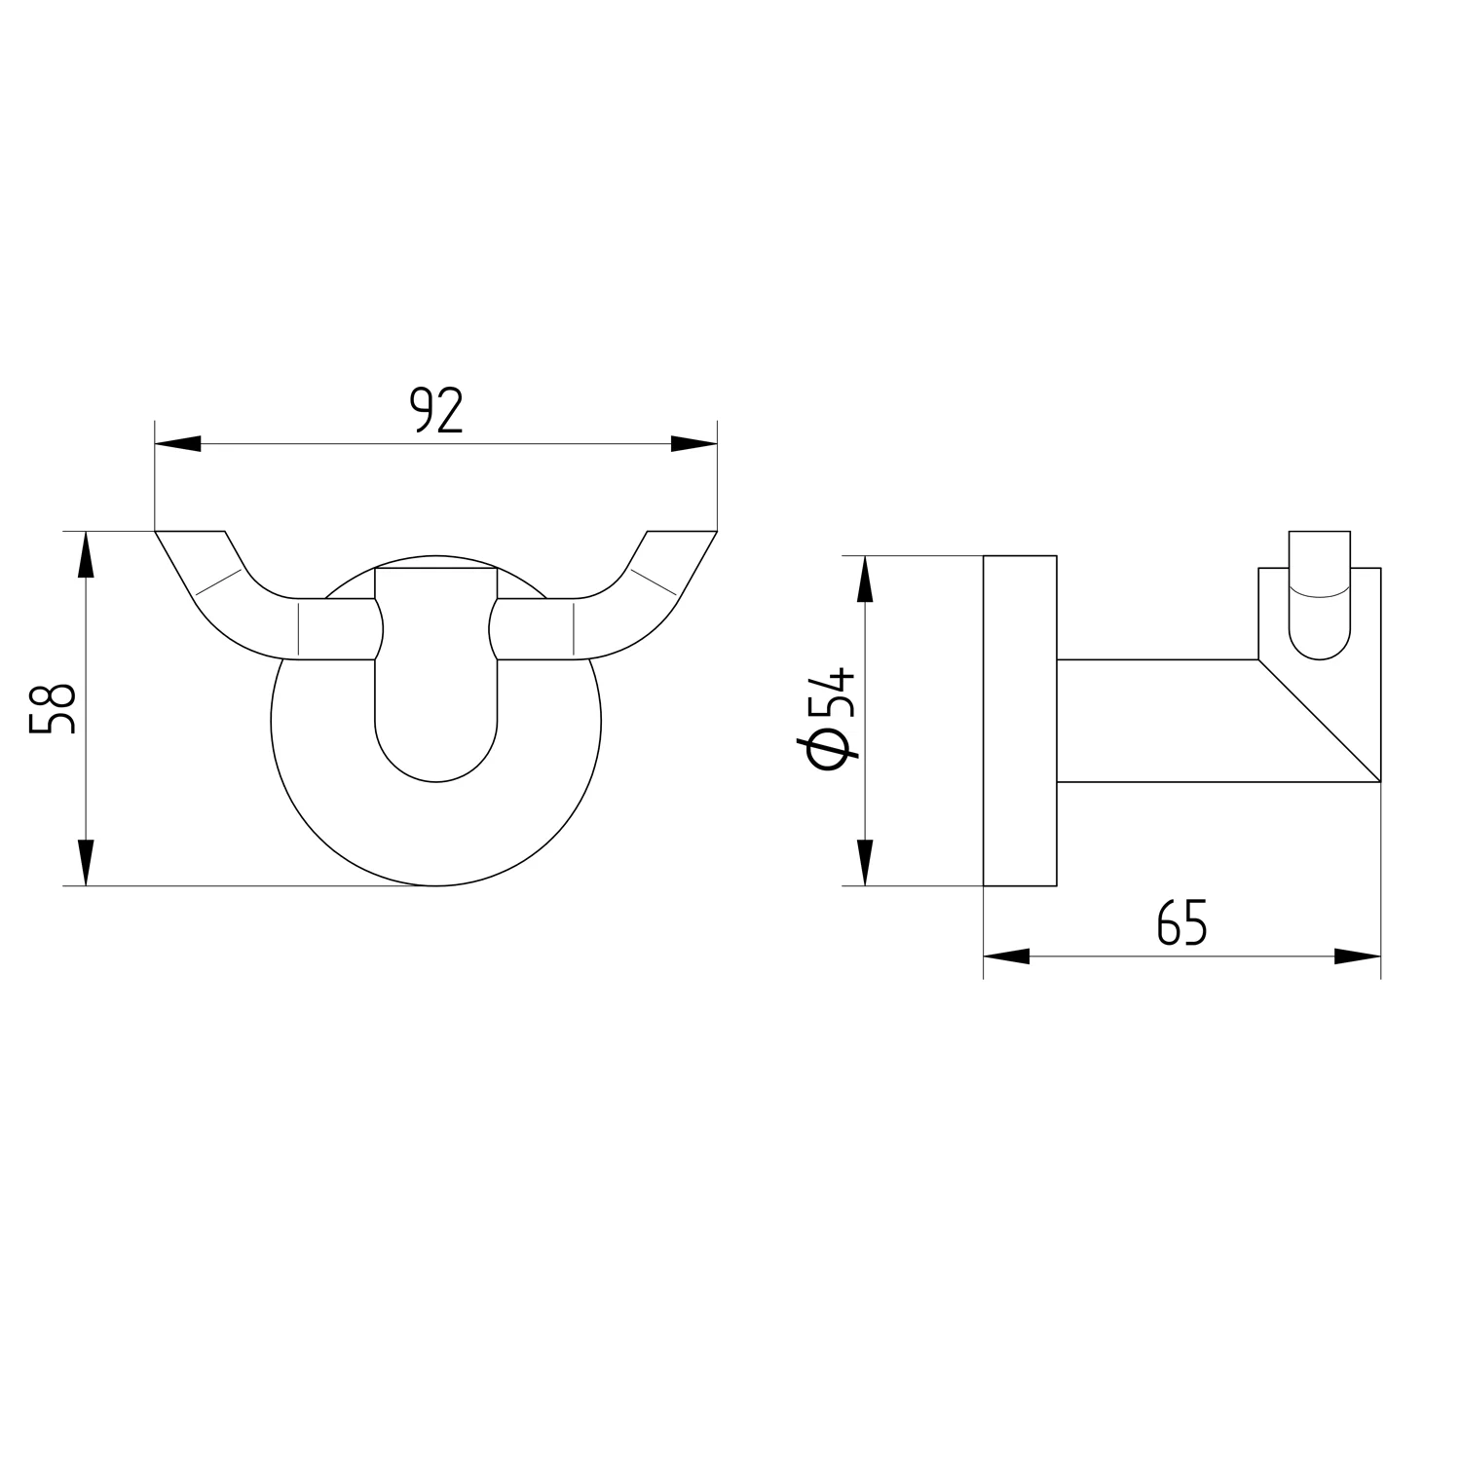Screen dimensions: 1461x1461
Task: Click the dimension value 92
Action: [x=435, y=410]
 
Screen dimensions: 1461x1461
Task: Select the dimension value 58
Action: [x=53, y=708]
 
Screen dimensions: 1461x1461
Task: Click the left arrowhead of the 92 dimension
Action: [x=178, y=444]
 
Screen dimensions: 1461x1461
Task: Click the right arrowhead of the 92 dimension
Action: [x=693, y=444]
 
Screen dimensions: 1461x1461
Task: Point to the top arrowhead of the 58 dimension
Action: [x=86, y=554]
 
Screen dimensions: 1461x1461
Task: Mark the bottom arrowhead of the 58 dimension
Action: [x=86, y=862]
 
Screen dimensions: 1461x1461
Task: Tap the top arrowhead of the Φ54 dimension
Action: [x=863, y=579]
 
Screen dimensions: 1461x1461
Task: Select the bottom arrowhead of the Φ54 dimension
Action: [x=863, y=862]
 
